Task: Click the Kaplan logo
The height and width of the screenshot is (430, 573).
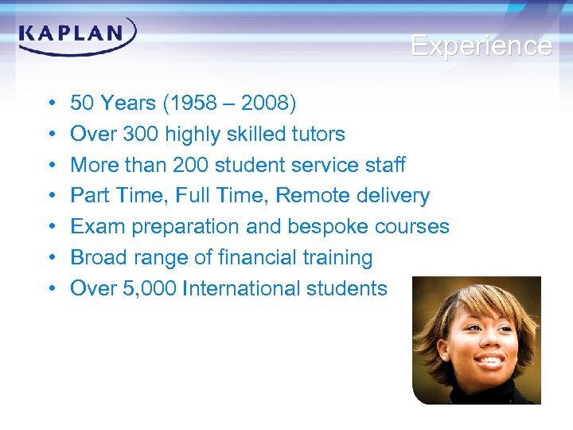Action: coord(77,36)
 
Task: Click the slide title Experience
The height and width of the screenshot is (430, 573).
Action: coord(481,45)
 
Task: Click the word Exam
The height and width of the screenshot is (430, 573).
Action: coord(97,227)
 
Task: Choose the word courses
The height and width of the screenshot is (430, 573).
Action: coord(412,227)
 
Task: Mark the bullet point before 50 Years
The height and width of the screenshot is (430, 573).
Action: coord(49,104)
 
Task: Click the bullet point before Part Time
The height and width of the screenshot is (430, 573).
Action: coord(49,197)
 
